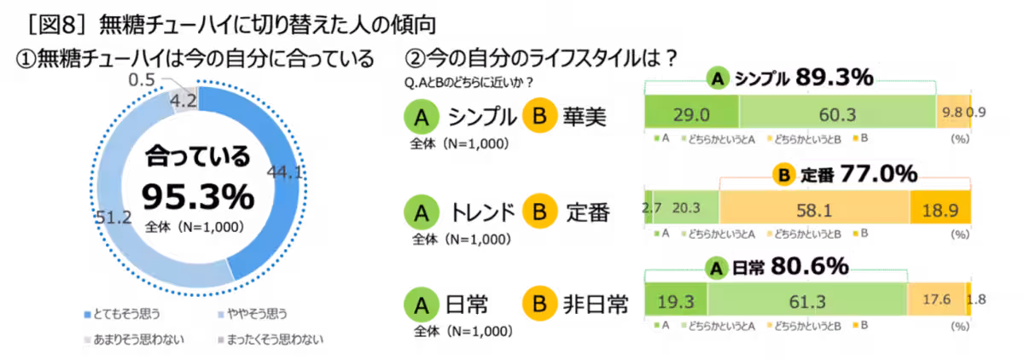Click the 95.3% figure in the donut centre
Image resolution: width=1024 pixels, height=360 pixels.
point(198,196)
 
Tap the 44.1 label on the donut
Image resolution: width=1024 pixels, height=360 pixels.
point(284,172)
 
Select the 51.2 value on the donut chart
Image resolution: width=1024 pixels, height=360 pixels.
point(113,217)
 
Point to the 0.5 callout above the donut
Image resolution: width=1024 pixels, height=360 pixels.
point(142,80)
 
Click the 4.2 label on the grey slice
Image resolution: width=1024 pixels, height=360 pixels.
point(183,100)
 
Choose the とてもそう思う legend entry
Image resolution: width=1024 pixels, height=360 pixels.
point(123,314)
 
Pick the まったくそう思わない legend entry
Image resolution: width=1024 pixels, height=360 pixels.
point(271,340)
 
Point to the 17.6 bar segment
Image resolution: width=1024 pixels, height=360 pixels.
point(937,299)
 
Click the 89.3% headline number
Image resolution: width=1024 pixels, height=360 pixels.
point(835,78)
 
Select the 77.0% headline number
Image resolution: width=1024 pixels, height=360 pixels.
point(879,174)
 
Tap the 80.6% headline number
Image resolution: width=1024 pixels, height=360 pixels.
point(810,266)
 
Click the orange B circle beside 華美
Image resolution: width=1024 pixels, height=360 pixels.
point(540,116)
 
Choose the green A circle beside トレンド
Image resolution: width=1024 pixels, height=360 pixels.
point(422,212)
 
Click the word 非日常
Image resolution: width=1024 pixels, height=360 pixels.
point(596,305)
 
